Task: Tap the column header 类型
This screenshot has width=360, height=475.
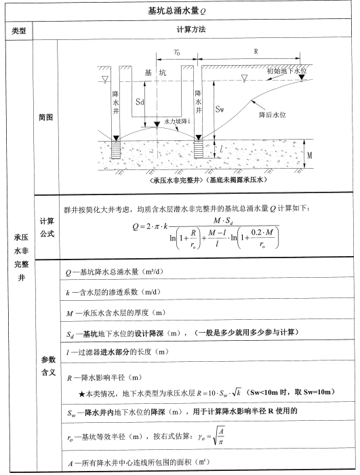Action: (18, 31)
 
